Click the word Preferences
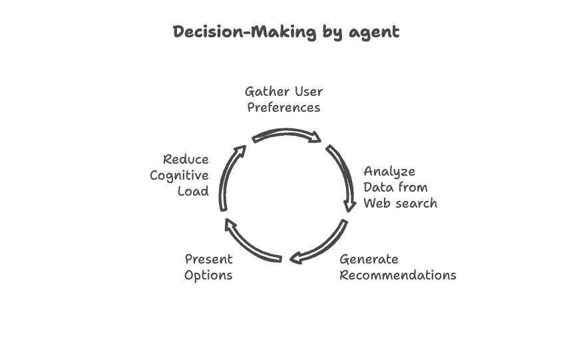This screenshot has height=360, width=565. coord(283,107)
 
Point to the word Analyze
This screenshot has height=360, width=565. coord(389,172)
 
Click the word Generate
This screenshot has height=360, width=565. coord(369,260)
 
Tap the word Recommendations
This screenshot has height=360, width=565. coord(398,275)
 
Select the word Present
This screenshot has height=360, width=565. coord(208,259)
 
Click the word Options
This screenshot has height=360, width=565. coord(208,275)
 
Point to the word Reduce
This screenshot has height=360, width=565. coord(186,160)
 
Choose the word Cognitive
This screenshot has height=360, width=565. coord(179,176)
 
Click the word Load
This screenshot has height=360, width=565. coord(193,192)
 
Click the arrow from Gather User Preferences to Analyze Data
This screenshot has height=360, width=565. coord(287,134)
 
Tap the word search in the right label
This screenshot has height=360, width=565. coord(416,204)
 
